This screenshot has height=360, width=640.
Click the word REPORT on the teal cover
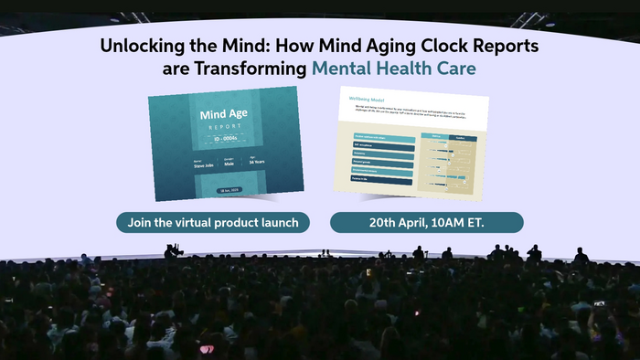(x=225, y=129)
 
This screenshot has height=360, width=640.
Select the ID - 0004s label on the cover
(x=225, y=141)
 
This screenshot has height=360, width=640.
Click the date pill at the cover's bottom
(x=225, y=189)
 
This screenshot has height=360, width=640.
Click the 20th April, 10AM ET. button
(x=426, y=222)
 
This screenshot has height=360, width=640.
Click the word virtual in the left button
(x=200, y=222)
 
